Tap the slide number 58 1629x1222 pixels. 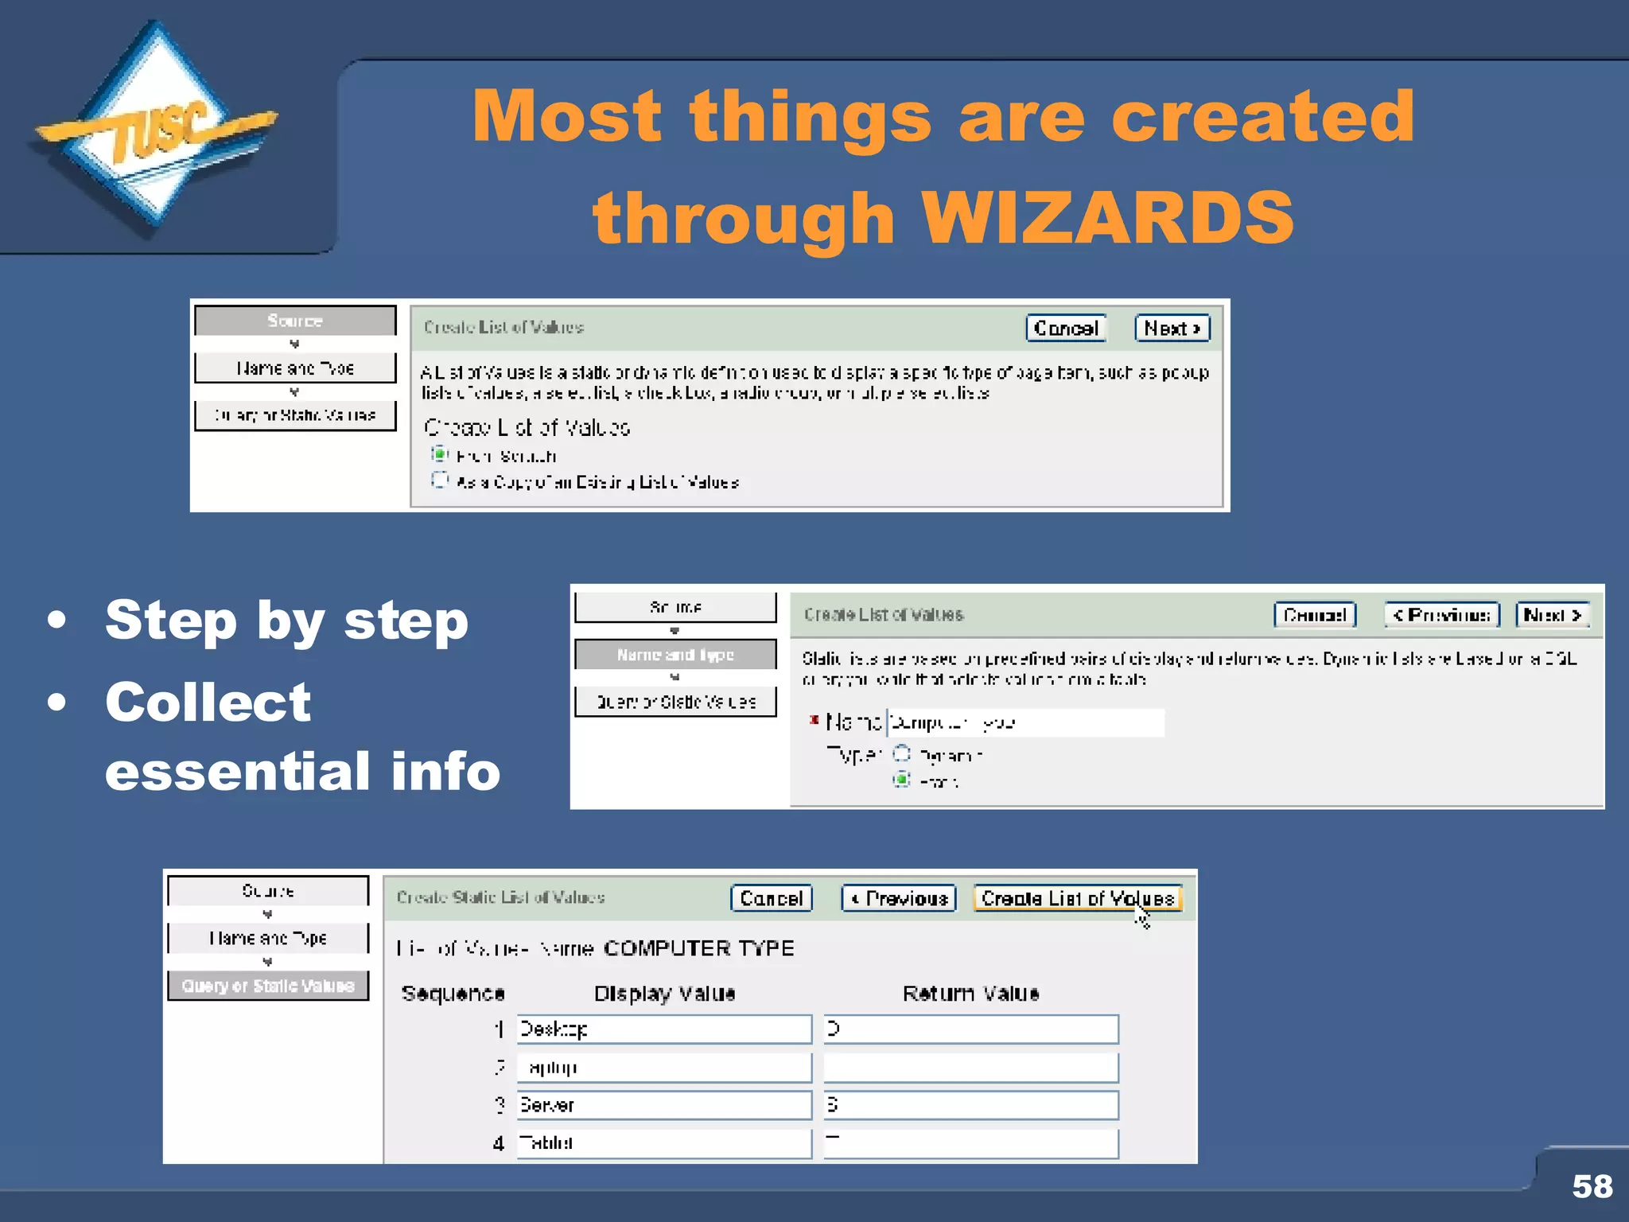[1592, 1186]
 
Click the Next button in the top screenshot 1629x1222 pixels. [1172, 328]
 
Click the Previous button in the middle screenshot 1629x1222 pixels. [1441, 615]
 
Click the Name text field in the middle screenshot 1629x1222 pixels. [1024, 722]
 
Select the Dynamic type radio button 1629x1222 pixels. [901, 753]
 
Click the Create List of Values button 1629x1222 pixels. [1077, 898]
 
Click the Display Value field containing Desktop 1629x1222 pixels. [663, 1029]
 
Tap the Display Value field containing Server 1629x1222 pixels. [663, 1105]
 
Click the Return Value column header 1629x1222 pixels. [970, 993]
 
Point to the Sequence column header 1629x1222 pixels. [453, 993]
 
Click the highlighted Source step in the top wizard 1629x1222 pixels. [295, 321]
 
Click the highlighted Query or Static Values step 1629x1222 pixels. [268, 986]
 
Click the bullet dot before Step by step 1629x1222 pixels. [56, 620]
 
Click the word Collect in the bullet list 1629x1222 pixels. [208, 702]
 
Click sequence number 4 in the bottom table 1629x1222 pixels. [499, 1143]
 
